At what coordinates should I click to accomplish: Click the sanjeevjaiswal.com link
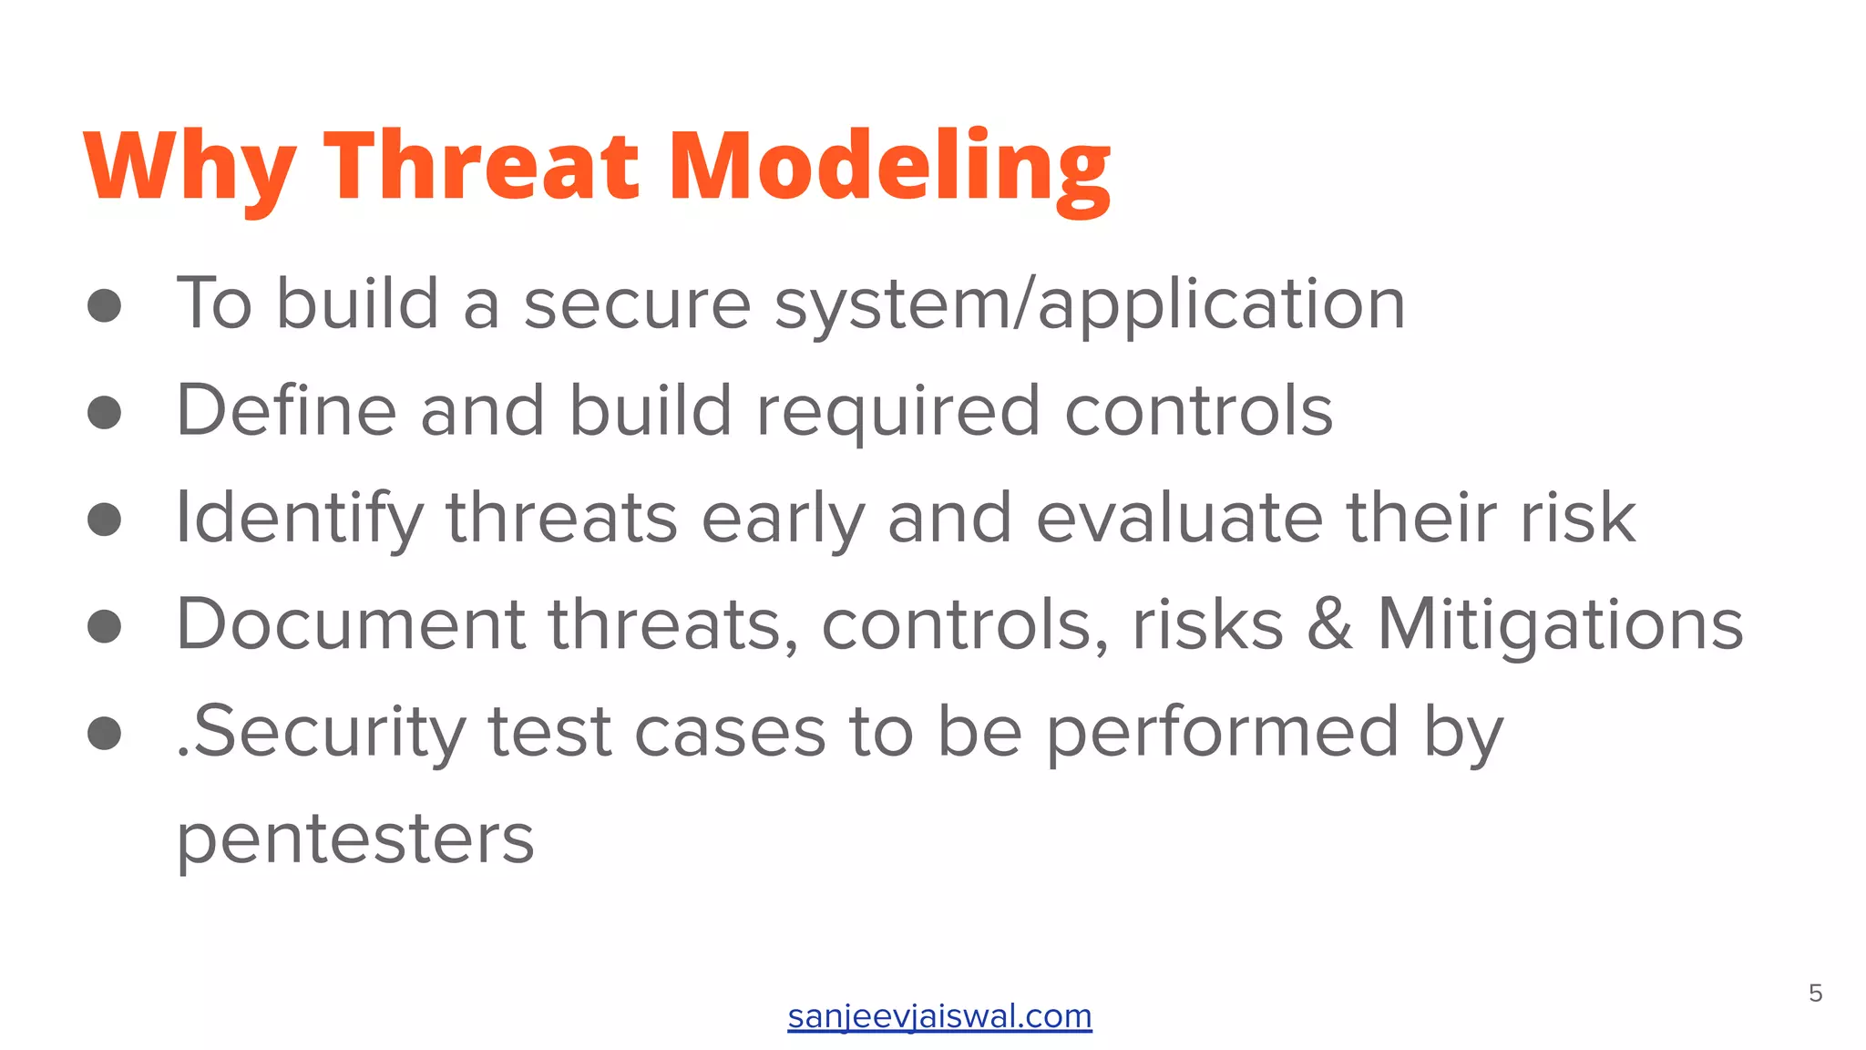(939, 1015)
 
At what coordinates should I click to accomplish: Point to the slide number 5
(1815, 993)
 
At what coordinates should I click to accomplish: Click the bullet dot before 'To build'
(105, 305)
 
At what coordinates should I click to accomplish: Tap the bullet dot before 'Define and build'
(105, 412)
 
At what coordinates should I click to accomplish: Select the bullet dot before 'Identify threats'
(105, 519)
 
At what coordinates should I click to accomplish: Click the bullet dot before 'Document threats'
(105, 626)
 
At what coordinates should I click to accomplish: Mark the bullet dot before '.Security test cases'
(105, 733)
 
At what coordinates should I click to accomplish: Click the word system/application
(1090, 304)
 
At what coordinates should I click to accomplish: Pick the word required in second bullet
(898, 411)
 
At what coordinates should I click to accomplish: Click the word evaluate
(1179, 518)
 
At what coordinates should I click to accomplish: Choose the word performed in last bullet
(1221, 732)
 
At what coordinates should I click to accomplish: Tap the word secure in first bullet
(637, 304)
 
